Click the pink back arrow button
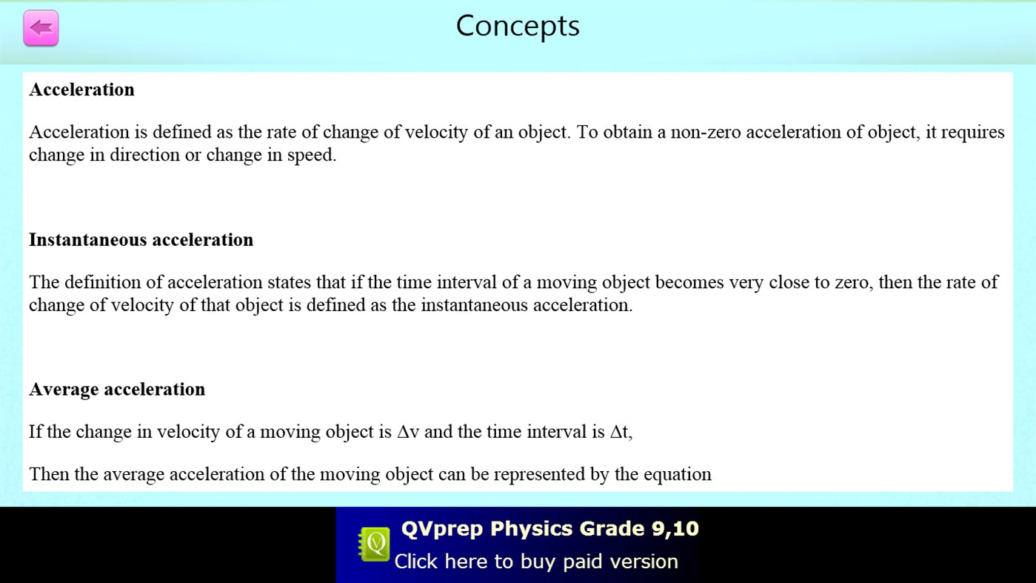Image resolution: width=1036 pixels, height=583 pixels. point(41,29)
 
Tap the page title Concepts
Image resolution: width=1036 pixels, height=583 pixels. point(518,26)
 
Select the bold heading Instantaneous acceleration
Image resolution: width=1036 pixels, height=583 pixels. point(141,240)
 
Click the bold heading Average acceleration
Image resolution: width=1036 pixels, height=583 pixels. point(117,390)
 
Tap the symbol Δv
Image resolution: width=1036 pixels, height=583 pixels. point(408,432)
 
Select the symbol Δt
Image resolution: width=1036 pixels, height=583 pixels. point(620,432)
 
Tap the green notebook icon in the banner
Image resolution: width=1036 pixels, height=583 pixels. point(375,545)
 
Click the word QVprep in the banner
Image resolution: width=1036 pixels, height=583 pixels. point(442,529)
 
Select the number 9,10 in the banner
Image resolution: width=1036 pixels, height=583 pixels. point(675,529)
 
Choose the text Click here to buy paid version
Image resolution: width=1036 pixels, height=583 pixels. point(536,562)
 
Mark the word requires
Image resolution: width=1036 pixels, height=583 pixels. point(972,133)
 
